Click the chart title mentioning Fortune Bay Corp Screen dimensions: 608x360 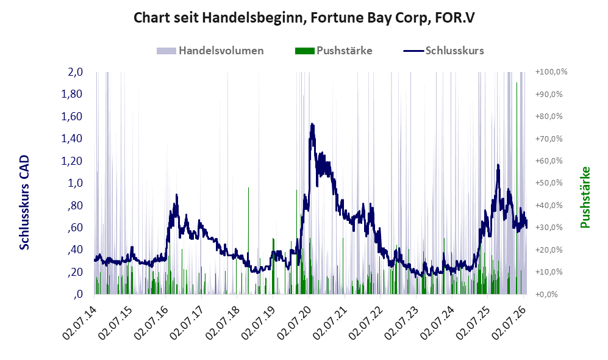tap(304, 18)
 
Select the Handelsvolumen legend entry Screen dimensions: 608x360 tap(210, 51)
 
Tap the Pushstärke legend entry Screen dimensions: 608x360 tap(334, 51)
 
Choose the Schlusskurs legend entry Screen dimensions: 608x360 tap(443, 51)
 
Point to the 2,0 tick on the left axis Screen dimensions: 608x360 tap(75, 72)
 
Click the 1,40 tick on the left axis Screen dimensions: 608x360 tap(72, 139)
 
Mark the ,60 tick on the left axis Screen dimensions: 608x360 tap(75, 228)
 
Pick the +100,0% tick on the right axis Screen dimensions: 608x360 tap(551, 72)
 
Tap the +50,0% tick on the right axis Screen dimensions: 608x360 tap(549, 182)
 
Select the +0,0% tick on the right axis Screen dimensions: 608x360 tap(547, 294)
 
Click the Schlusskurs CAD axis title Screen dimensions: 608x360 tap(24, 202)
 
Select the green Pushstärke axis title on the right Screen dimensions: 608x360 tap(585, 197)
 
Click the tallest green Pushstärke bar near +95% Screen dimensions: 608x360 tap(517, 188)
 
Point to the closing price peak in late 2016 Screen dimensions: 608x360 tap(176, 195)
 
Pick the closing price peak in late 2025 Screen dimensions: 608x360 tap(498, 165)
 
